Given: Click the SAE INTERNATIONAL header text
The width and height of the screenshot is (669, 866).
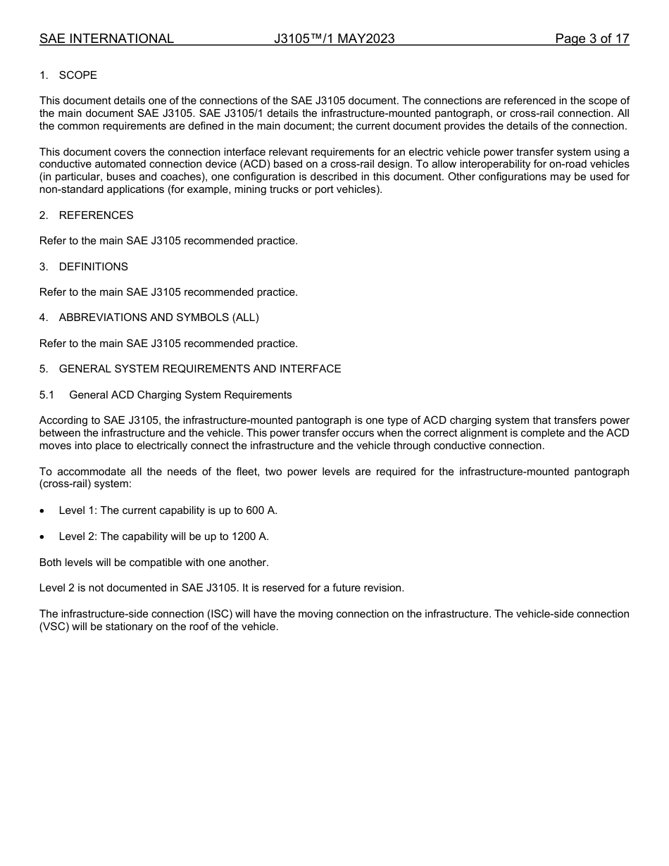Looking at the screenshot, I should pyautogui.click(x=106, y=39).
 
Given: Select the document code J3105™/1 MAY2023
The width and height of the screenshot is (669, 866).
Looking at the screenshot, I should pyautogui.click(x=334, y=39).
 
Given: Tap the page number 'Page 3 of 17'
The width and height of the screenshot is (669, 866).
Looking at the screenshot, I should pyautogui.click(x=592, y=39).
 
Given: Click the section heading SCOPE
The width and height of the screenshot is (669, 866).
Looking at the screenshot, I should pyautogui.click(x=77, y=75).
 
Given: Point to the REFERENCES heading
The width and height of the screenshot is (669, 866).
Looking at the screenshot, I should pyautogui.click(x=96, y=215).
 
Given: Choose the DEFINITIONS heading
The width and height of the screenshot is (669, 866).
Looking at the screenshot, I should pyautogui.click(x=93, y=267).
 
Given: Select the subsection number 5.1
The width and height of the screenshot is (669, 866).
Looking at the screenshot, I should pyautogui.click(x=46, y=395).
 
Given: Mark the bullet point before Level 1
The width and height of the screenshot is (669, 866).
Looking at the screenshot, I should pyautogui.click(x=43, y=511).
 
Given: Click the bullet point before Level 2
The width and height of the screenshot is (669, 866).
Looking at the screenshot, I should pyautogui.click(x=43, y=537).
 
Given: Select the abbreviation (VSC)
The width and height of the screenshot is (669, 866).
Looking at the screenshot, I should pyautogui.click(x=53, y=627).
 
